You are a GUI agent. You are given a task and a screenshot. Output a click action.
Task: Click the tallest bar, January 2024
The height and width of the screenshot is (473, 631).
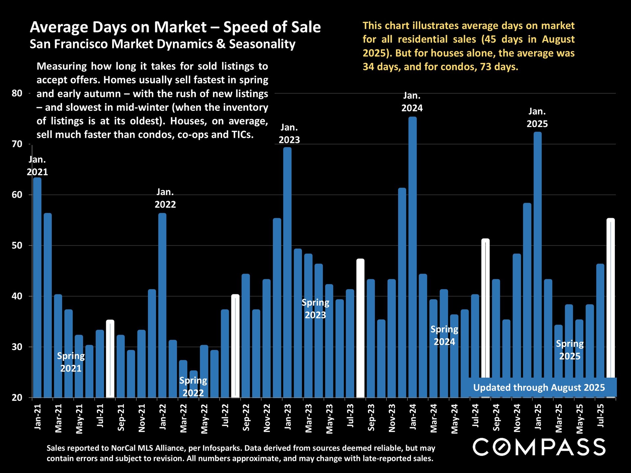[412, 256]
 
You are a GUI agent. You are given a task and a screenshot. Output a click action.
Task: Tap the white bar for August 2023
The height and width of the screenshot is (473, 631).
[361, 328]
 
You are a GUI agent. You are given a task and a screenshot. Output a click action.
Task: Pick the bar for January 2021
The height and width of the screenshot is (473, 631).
[37, 287]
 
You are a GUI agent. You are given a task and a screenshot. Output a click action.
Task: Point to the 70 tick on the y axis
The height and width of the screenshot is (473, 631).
[17, 144]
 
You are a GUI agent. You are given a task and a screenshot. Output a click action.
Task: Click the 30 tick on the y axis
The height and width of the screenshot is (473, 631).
[17, 347]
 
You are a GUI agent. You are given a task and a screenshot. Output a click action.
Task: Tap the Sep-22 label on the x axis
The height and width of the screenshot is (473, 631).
[246, 417]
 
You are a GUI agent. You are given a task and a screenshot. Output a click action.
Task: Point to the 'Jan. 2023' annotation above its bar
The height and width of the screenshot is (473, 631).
[289, 134]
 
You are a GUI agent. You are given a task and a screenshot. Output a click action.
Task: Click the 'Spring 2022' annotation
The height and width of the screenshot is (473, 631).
[193, 387]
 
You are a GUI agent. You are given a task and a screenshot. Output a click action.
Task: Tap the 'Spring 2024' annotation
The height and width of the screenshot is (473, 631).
[444, 335]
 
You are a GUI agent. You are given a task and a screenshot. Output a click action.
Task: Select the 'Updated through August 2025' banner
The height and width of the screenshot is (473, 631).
[539, 388]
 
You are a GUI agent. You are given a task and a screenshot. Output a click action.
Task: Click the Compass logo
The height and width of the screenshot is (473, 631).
[539, 447]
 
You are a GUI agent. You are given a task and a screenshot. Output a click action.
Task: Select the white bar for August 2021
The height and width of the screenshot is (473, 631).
[110, 359]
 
